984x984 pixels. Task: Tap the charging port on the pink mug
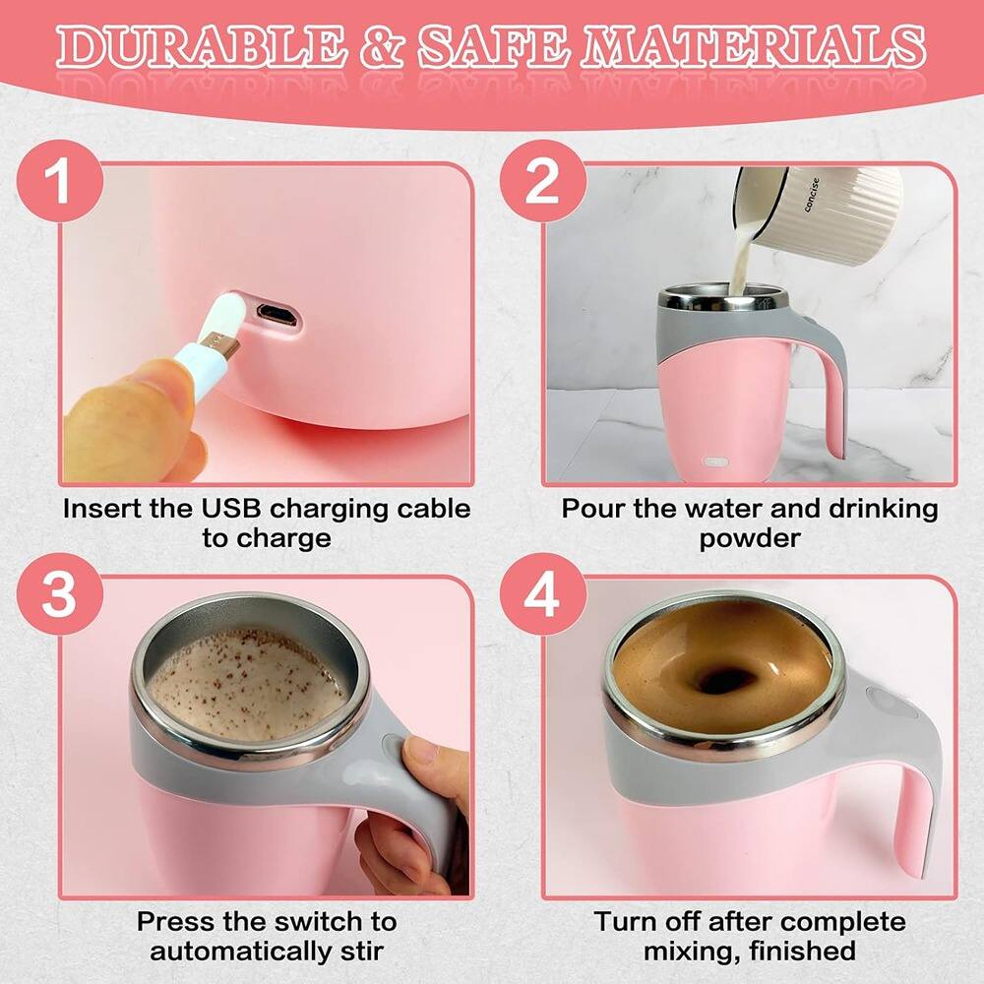277,314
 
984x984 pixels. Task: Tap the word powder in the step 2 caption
749,539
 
